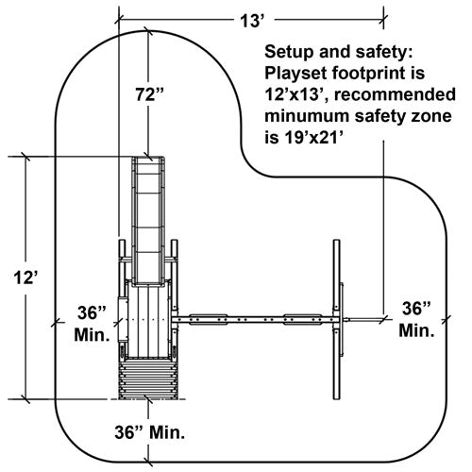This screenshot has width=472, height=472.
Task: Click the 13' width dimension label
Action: (251, 22)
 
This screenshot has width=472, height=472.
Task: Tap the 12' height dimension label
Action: (25, 278)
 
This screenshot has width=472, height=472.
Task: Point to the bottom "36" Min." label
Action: (150, 432)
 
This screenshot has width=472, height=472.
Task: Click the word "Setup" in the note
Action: (289, 52)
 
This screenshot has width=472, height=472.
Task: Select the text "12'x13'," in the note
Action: (296, 94)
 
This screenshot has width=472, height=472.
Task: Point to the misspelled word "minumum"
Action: (307, 116)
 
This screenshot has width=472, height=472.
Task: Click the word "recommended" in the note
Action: (396, 94)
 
